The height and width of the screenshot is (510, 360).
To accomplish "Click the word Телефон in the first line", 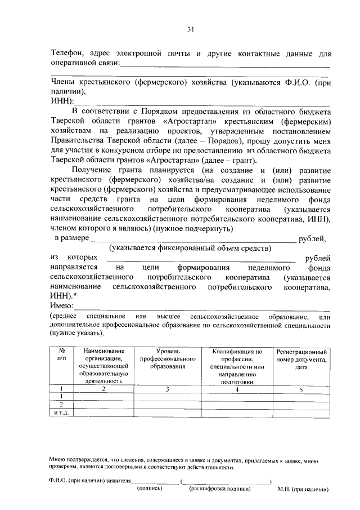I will [67, 54].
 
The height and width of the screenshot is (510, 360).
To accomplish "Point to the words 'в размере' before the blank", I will [72, 238].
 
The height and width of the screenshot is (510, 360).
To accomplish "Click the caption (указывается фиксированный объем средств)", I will [190, 248].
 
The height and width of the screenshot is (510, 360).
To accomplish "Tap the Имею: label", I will [62, 305].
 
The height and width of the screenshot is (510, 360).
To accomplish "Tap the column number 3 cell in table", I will [167, 389].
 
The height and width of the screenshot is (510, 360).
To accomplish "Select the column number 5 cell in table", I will [301, 389].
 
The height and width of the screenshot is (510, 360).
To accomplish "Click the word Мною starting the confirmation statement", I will [58, 460].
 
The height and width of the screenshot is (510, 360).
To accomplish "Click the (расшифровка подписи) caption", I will [219, 489].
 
